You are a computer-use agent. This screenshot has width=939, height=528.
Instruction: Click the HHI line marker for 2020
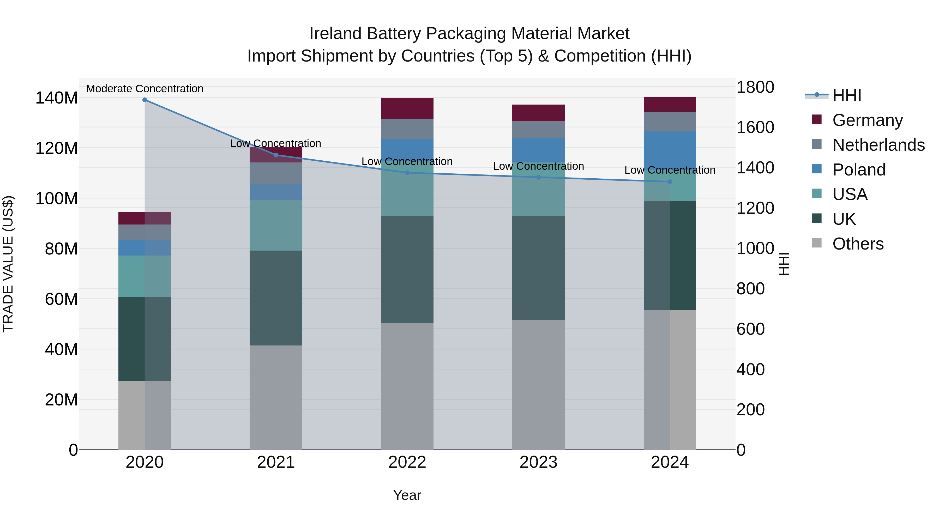pyautogui.click(x=145, y=100)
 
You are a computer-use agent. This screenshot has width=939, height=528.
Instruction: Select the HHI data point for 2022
pyautogui.click(x=407, y=173)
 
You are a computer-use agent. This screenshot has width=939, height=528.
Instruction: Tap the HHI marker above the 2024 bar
pyautogui.click(x=670, y=182)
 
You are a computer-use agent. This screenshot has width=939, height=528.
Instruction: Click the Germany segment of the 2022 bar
pyautogui.click(x=407, y=108)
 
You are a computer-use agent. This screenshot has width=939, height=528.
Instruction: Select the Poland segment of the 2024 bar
pyautogui.click(x=670, y=149)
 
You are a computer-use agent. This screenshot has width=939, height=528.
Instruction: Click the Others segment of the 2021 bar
pyautogui.click(x=276, y=397)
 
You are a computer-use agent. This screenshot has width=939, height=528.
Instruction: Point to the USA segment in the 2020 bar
pyautogui.click(x=145, y=276)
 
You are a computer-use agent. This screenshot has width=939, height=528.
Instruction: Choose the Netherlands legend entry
pyautogui.click(x=878, y=145)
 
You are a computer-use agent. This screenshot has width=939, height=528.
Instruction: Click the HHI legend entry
pyautogui.click(x=847, y=95)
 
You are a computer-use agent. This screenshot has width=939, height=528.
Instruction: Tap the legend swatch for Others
pyautogui.click(x=817, y=243)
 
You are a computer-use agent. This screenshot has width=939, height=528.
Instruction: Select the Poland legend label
pyautogui.click(x=859, y=170)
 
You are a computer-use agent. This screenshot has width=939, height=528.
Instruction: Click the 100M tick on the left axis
pyautogui.click(x=57, y=199)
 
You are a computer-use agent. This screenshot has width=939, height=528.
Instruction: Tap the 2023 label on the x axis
pyautogui.click(x=538, y=463)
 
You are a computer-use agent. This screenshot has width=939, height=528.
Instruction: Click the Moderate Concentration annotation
pyautogui.click(x=145, y=89)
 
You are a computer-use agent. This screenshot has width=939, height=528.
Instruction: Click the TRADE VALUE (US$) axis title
pyautogui.click(x=8, y=264)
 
